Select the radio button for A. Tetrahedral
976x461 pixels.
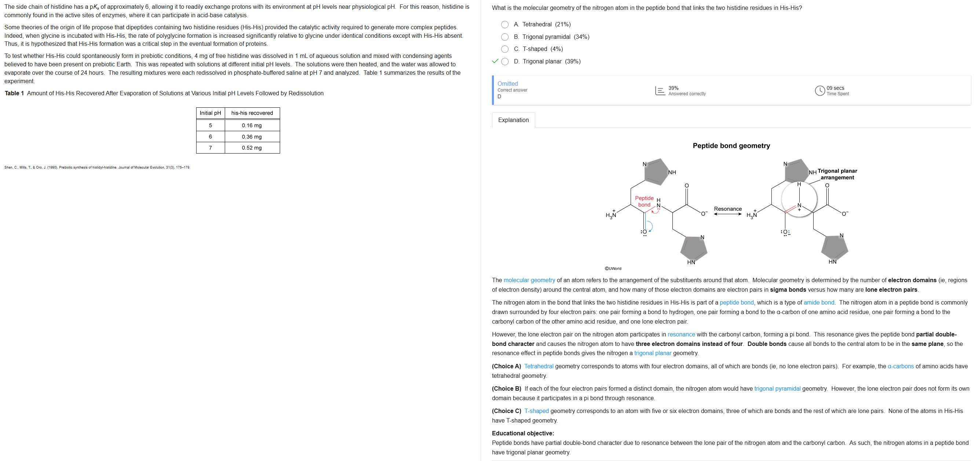pos(504,25)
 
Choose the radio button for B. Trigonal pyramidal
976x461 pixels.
pos(504,37)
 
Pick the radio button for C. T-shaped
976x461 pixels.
pos(504,49)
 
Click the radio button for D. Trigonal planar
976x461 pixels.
pos(504,61)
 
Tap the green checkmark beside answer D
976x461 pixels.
pos(495,61)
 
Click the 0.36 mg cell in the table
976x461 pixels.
pos(252,137)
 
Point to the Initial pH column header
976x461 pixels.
pos(210,113)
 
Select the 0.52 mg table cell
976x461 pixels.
pos(252,148)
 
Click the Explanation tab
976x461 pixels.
pos(513,120)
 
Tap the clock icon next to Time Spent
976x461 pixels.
pos(819,91)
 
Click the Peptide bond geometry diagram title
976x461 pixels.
pos(731,146)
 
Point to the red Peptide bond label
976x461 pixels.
pos(644,202)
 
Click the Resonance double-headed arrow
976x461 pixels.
pos(727,214)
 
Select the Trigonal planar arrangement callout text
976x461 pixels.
pos(837,174)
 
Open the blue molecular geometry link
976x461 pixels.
pos(529,280)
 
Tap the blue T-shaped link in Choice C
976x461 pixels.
pos(536,411)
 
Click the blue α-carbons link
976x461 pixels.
pos(900,366)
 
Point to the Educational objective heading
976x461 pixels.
pos(522,434)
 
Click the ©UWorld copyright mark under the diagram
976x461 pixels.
pos(613,269)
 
